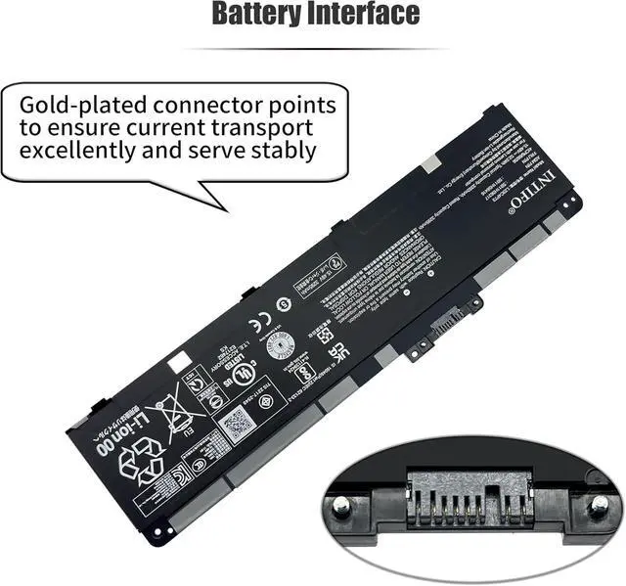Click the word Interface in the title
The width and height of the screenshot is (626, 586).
tap(359, 15)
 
